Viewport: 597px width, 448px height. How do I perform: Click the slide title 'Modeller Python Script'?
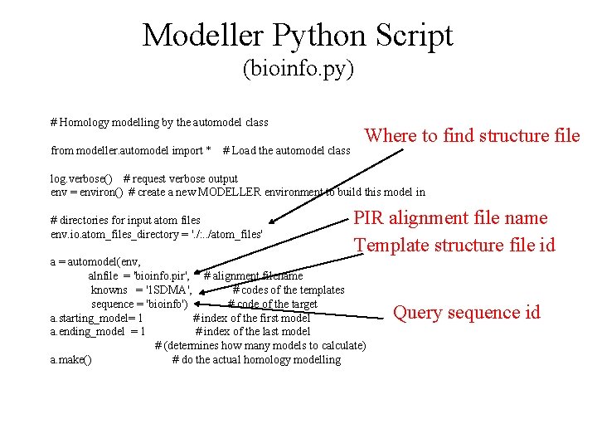[298, 36]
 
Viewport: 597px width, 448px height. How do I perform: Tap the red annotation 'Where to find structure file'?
[472, 135]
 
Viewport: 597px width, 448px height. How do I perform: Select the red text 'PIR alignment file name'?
[450, 218]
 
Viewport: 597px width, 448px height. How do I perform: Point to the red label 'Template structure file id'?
[454, 245]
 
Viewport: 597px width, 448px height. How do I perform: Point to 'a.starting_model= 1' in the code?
[96, 318]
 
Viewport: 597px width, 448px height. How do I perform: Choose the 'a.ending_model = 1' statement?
[98, 332]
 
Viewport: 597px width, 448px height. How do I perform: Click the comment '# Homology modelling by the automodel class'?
[159, 123]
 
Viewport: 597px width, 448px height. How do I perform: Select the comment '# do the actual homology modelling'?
[256, 360]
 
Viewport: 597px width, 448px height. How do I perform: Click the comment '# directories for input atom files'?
[125, 220]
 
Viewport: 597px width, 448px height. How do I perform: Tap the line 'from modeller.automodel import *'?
[131, 151]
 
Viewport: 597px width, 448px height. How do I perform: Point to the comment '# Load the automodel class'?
[287, 151]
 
